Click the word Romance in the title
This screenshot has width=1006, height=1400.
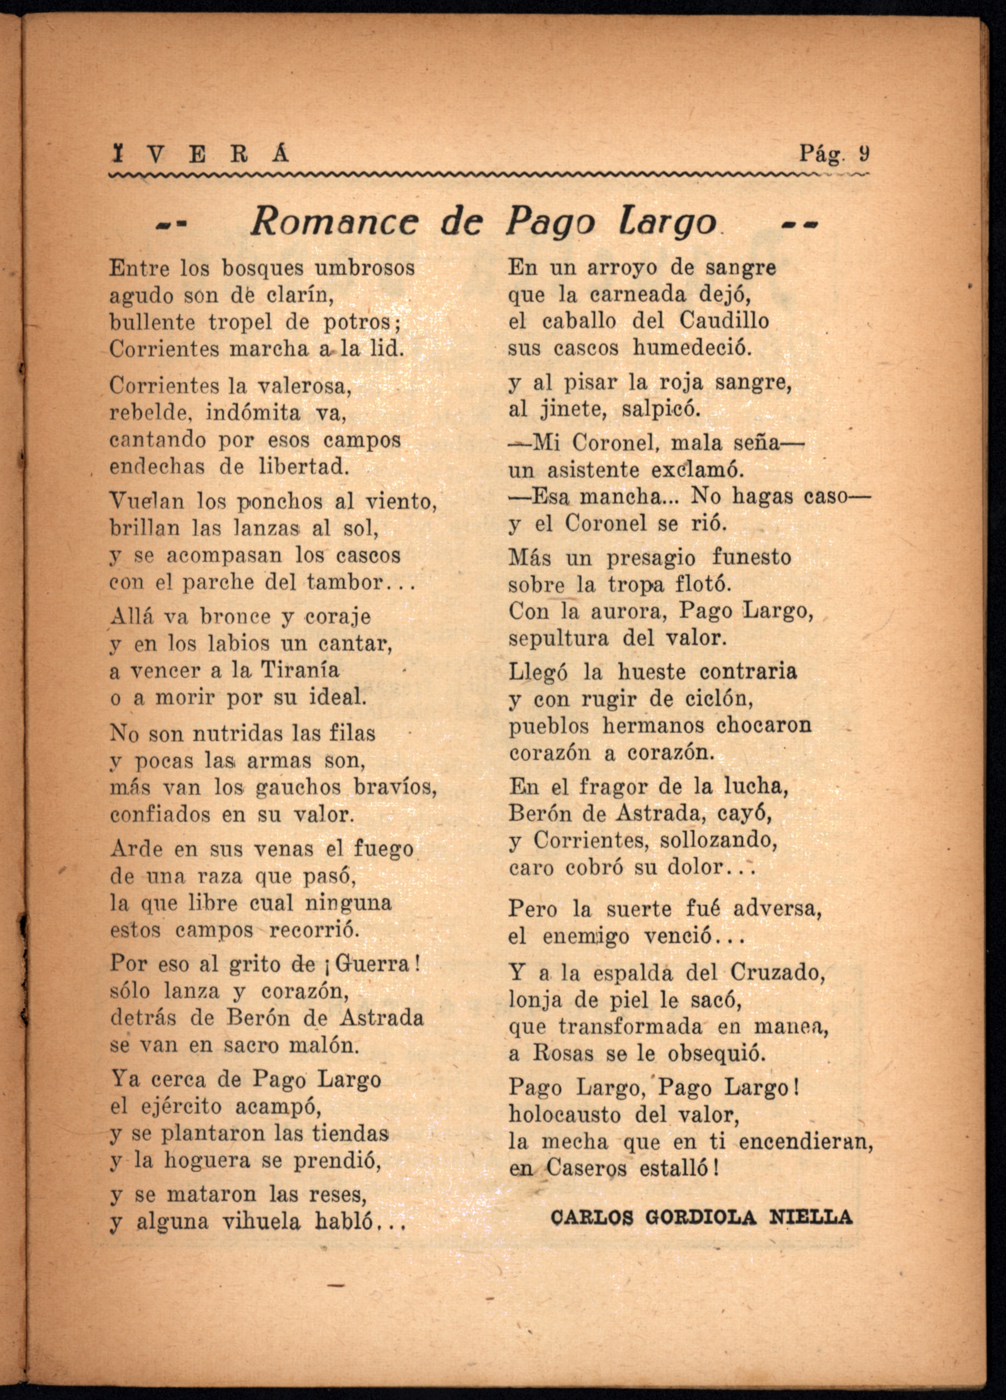334,221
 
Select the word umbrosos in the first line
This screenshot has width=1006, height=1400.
365,269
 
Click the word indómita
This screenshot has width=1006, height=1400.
253,413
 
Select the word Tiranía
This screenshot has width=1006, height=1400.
300,670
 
